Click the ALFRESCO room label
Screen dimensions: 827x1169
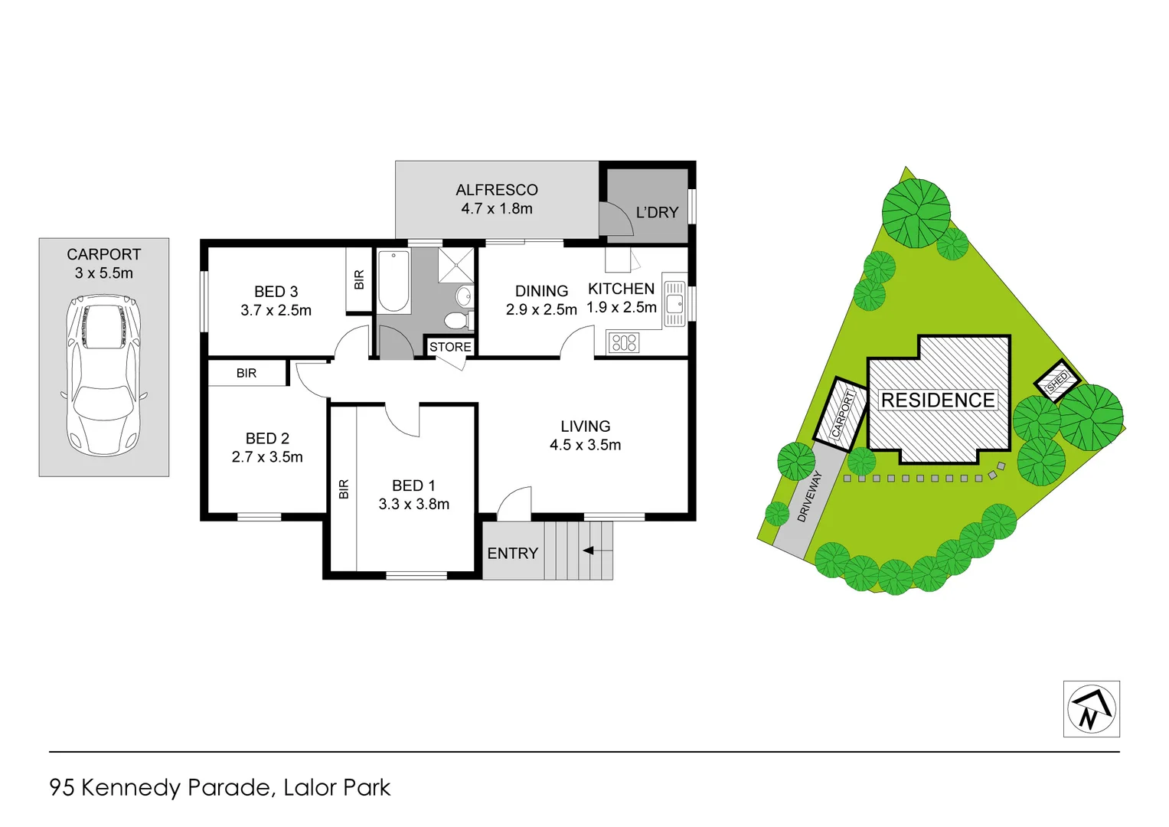(496, 190)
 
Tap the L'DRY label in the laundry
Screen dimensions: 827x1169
(657, 213)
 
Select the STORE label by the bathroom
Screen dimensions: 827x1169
(450, 347)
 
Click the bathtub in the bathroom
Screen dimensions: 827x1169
(393, 281)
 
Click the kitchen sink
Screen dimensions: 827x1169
(674, 303)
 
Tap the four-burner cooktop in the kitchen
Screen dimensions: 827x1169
(624, 342)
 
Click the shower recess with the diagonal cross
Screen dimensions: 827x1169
(457, 265)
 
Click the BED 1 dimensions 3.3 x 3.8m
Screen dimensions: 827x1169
(413, 505)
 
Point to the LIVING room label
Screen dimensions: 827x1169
(585, 427)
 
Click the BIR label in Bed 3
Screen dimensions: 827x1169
(359, 280)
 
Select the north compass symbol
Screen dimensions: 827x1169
(1091, 709)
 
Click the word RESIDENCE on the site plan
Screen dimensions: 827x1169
(937, 400)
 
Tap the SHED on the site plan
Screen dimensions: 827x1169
(1056, 381)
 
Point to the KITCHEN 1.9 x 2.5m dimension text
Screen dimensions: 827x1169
(621, 308)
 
